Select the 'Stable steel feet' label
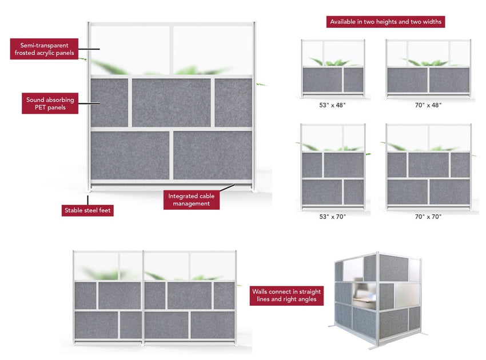[87, 211]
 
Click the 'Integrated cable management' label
[192, 200]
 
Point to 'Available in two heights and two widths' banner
[387, 22]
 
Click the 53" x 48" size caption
[332, 105]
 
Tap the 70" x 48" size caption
[428, 105]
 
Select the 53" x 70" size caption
[332, 217]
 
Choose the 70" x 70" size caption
[428, 217]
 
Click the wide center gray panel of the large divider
[171, 102]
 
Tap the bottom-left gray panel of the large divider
[130, 155]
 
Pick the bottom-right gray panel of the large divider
[212, 155]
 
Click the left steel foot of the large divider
[89, 189]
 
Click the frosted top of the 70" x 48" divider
[428, 53]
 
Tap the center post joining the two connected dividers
[142, 297]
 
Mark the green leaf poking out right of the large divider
[261, 85]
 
